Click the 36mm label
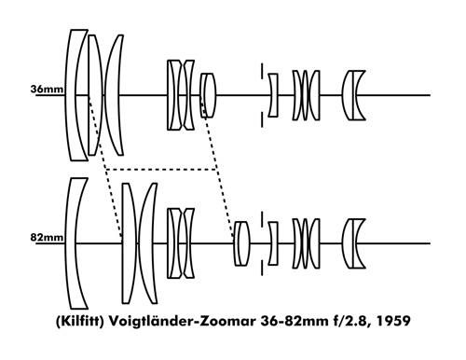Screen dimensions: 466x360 (47, 90)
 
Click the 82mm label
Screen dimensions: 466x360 (47, 238)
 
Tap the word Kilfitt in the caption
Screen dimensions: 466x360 (79, 321)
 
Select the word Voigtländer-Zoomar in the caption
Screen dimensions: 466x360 (182, 321)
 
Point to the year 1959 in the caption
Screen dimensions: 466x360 (393, 321)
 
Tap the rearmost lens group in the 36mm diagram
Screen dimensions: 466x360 (353, 95)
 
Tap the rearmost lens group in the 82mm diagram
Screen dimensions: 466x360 (353, 243)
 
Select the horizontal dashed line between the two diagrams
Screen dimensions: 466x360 (161, 170)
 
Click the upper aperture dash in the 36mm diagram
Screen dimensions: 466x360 (262, 71)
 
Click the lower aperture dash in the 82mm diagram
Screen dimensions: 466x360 (262, 268)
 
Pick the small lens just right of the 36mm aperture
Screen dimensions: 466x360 (274, 95)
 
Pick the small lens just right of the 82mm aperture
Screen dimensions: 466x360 (274, 243)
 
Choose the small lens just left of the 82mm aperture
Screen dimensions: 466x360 (241, 243)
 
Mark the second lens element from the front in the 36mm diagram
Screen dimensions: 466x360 (96, 95)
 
